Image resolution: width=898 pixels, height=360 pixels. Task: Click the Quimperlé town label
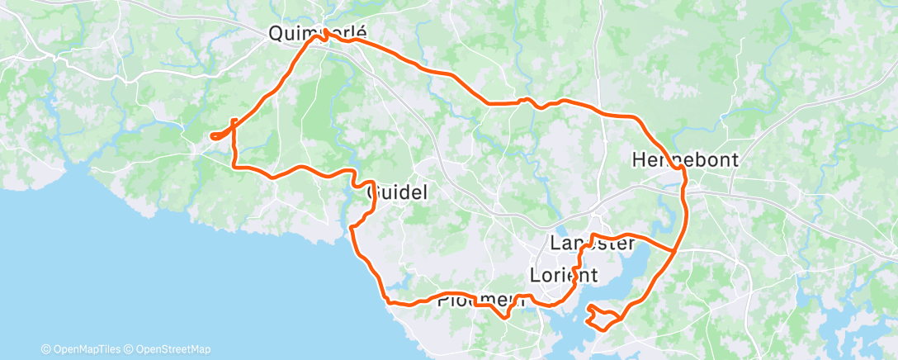(x=317, y=34)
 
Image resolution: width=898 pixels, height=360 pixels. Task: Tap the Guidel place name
(x=397, y=193)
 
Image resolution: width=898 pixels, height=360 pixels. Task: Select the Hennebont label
(x=684, y=159)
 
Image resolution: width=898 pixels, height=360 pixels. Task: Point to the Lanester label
(x=592, y=244)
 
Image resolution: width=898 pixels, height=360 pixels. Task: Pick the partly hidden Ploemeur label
(x=480, y=301)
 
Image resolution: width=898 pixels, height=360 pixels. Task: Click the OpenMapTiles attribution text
(x=87, y=349)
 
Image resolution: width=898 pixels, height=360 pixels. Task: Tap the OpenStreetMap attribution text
(x=172, y=349)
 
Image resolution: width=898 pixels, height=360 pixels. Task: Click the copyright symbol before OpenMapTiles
(x=45, y=349)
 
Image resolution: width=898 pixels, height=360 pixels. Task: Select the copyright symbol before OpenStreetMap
(x=129, y=349)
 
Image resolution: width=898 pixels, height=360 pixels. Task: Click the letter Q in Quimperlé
(x=276, y=34)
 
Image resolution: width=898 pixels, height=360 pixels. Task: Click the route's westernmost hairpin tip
(x=213, y=136)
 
